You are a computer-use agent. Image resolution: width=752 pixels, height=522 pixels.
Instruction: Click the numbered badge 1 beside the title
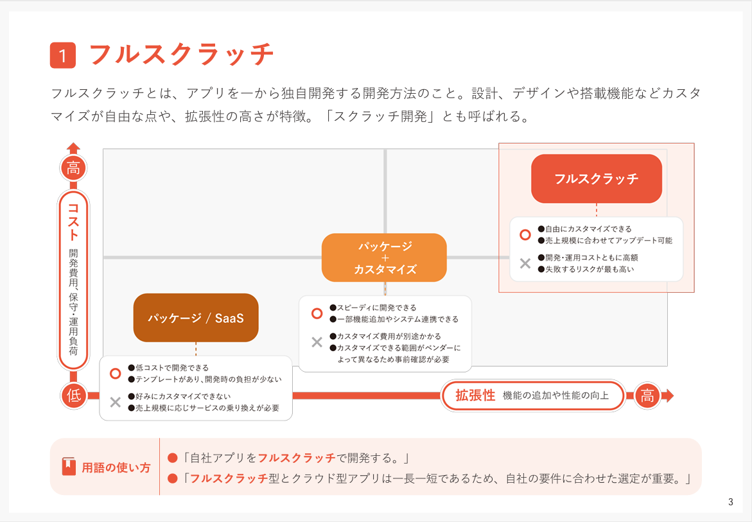click(x=63, y=55)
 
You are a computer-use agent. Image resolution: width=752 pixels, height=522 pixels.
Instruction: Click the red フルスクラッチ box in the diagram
click(x=596, y=178)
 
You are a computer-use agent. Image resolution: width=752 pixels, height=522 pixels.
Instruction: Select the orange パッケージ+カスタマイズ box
click(x=383, y=257)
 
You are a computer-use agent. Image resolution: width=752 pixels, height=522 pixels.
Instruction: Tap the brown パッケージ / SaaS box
click(x=196, y=317)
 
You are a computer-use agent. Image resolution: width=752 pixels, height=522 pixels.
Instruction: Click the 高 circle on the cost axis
click(x=73, y=168)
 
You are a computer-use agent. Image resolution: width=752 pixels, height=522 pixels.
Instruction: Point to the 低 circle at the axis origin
click(x=73, y=396)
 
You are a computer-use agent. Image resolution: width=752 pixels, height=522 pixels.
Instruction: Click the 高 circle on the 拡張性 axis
click(x=647, y=396)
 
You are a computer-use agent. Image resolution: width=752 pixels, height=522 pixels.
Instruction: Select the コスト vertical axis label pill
click(x=73, y=280)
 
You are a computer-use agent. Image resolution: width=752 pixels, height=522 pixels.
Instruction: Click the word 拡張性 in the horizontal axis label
click(x=475, y=396)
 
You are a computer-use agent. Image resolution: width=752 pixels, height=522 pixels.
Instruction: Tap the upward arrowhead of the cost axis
click(x=73, y=148)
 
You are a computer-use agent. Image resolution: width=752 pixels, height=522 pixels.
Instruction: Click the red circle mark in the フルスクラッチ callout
click(x=525, y=234)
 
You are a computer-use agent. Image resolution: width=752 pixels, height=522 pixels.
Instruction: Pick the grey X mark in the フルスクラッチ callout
click(x=525, y=263)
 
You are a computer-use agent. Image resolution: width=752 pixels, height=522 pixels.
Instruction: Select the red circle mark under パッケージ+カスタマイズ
click(x=317, y=313)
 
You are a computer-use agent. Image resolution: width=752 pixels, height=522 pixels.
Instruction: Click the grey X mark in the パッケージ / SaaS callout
click(x=115, y=402)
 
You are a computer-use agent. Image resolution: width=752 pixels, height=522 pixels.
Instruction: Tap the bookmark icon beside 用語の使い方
click(x=69, y=466)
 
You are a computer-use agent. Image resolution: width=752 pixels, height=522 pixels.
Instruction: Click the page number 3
click(x=730, y=502)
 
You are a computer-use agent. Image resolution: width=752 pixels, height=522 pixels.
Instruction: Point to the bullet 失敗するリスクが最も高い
click(x=586, y=270)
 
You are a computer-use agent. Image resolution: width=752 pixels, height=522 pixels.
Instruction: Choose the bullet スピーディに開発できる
click(x=372, y=308)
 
